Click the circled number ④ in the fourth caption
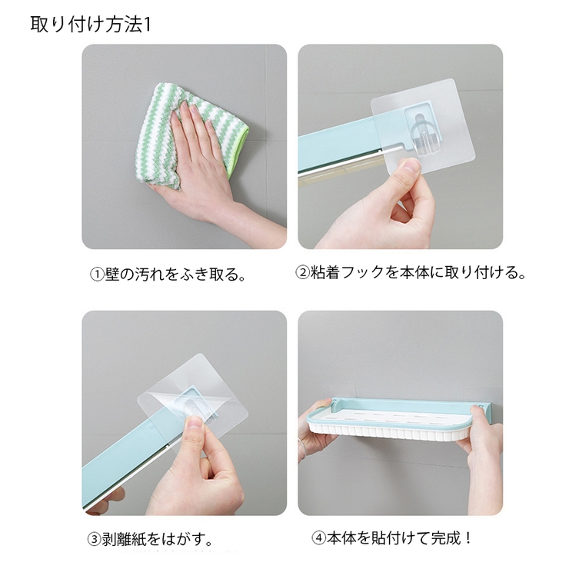pos(318,538)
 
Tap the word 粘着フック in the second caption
pos(351,272)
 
